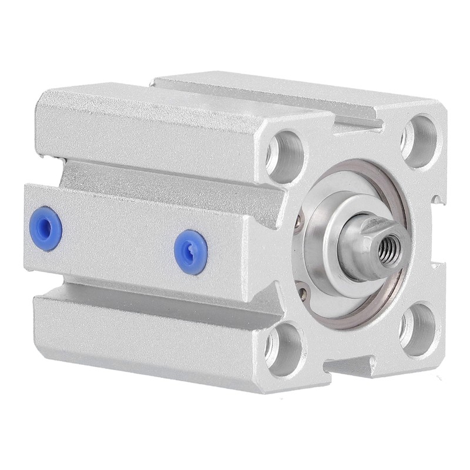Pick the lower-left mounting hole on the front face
[x=284, y=347]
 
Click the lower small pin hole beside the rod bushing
[x=302, y=288]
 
